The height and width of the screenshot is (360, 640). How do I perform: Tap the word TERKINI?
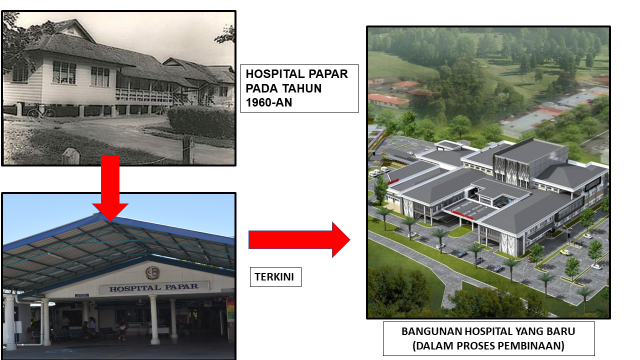272,273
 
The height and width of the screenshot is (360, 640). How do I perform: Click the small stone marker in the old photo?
69,155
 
